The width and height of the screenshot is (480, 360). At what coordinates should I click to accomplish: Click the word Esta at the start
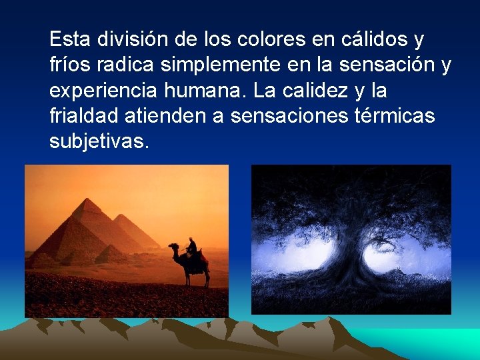(x=70, y=40)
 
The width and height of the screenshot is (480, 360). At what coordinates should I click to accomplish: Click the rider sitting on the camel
(x=192, y=249)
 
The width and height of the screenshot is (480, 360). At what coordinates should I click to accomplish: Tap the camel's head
(x=173, y=247)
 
